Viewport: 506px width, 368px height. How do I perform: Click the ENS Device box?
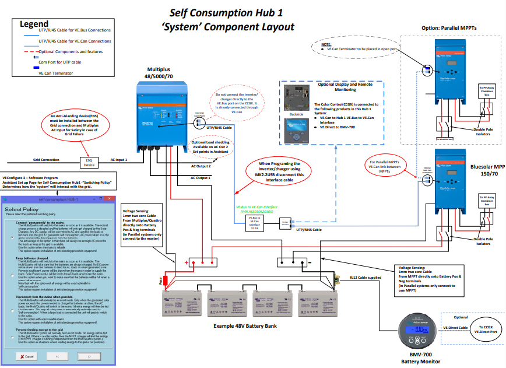90,162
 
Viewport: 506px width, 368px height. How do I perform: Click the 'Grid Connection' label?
45,159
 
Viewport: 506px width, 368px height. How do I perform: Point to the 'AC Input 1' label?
118,159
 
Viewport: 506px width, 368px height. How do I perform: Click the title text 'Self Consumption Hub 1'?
220,13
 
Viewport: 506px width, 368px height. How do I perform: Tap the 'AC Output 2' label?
201,166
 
